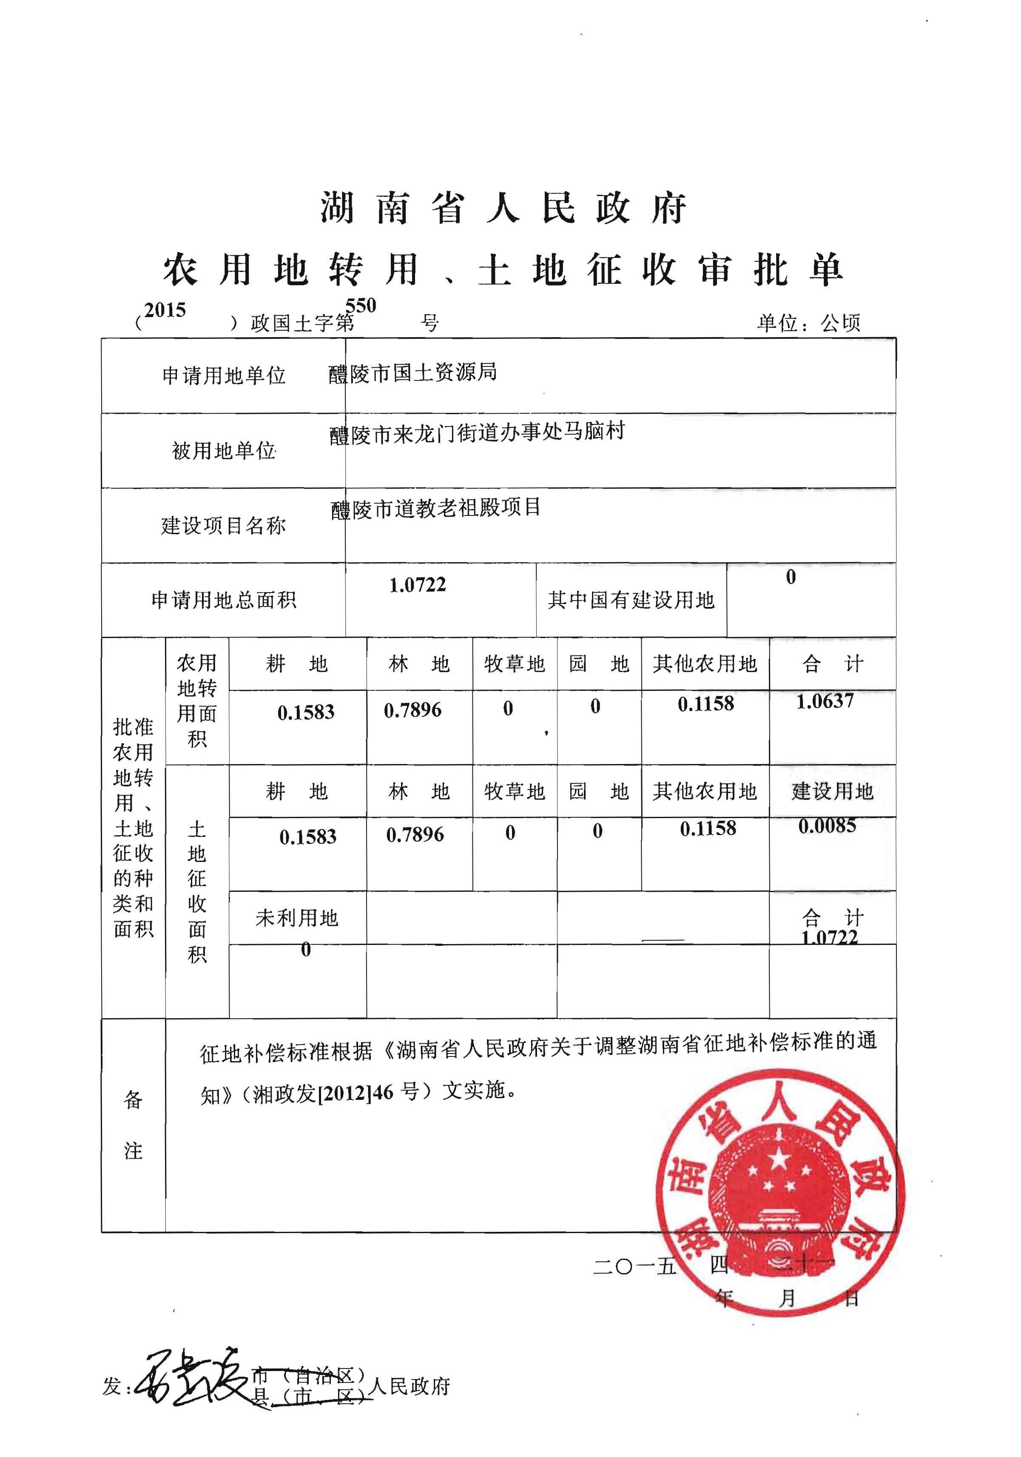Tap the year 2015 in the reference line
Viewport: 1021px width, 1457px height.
(x=165, y=310)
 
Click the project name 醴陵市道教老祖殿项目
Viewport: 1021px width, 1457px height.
(x=436, y=508)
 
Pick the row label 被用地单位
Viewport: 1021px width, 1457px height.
(x=224, y=451)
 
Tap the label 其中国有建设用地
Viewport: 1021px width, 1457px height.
(x=631, y=600)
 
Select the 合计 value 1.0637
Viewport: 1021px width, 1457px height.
(x=825, y=701)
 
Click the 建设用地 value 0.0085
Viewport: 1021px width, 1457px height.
(x=827, y=826)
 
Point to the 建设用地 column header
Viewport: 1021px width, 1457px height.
(x=832, y=791)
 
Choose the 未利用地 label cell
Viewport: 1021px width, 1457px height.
(x=297, y=918)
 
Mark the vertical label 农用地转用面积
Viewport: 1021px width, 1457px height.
(x=196, y=701)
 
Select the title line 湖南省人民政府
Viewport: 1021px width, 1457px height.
(x=503, y=208)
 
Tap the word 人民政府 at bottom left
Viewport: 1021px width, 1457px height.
(x=409, y=1387)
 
